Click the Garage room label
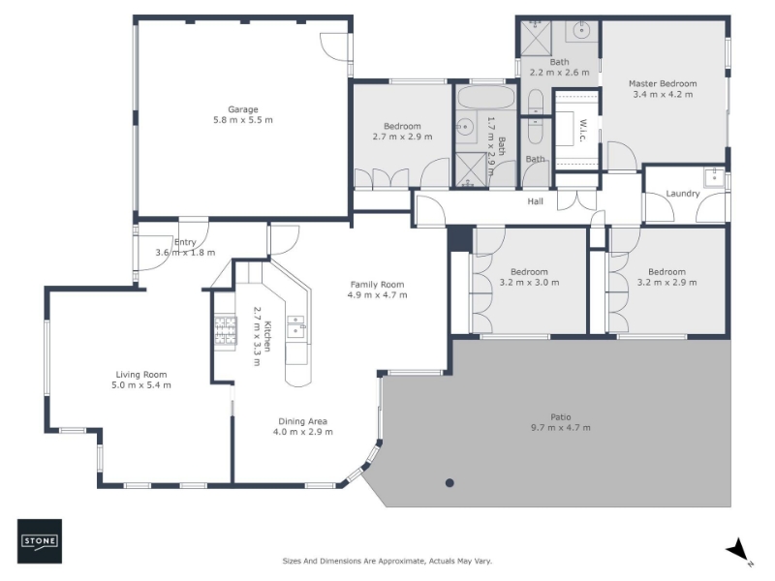coord(243,109)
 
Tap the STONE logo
coord(40,541)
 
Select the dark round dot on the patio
coord(449,482)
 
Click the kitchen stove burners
coord(225,330)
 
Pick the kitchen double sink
coord(296,327)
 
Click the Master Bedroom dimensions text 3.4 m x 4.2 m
coord(663,94)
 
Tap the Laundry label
coord(683,194)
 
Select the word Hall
coord(535,201)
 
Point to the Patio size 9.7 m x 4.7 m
coord(561,428)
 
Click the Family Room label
coord(377,285)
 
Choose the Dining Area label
coord(302,421)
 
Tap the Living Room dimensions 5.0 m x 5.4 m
coord(141,385)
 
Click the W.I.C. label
coord(582,131)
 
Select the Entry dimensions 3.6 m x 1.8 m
coord(185,253)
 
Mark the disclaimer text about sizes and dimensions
coord(387,561)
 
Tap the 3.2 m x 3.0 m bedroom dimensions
coord(529,283)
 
